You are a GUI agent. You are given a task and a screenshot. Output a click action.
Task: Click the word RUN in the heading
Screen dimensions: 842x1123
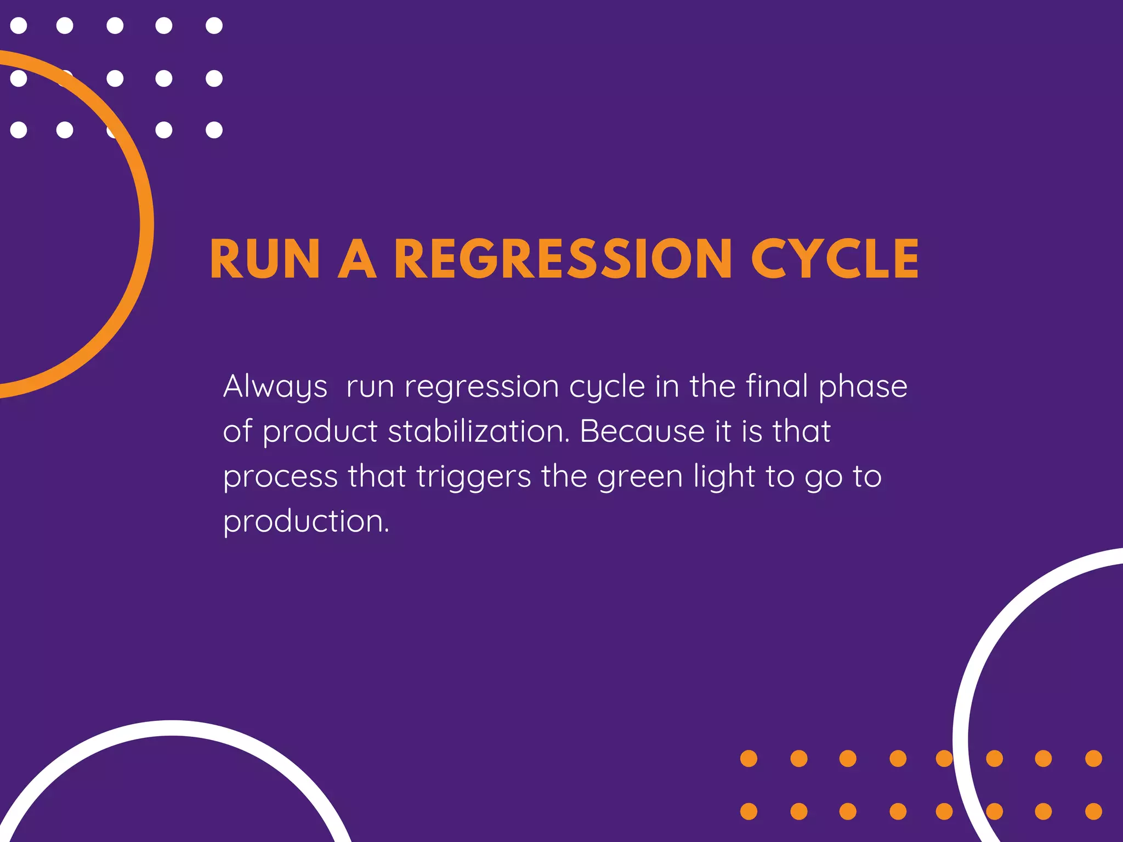point(264,259)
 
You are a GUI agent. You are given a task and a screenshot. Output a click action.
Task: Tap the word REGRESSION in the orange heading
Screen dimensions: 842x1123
point(563,259)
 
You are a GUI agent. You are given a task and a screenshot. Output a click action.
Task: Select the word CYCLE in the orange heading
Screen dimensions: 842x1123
point(835,259)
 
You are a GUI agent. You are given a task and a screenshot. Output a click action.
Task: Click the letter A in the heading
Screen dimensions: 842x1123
point(357,259)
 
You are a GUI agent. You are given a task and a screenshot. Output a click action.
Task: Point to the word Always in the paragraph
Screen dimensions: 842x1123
point(275,387)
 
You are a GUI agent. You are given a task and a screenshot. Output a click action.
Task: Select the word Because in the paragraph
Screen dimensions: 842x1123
point(642,431)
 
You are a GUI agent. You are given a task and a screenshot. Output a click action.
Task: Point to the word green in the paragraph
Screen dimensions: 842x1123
point(639,477)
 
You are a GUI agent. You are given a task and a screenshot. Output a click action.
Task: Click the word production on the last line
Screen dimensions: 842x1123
point(305,521)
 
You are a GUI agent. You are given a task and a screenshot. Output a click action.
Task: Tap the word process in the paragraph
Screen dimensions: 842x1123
point(280,477)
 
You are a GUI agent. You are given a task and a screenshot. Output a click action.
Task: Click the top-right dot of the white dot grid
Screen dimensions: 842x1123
point(214,26)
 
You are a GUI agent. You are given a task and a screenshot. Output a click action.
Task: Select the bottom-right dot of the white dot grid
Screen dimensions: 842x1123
point(214,130)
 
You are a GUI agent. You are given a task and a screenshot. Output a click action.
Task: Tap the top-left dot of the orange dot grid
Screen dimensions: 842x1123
point(748,759)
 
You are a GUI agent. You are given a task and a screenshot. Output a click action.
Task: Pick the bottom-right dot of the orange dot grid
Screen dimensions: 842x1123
point(1093,811)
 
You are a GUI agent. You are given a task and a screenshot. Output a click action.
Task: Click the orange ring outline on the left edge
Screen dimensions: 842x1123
point(146,224)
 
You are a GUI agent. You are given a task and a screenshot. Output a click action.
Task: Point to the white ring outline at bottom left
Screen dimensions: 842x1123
point(172,728)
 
